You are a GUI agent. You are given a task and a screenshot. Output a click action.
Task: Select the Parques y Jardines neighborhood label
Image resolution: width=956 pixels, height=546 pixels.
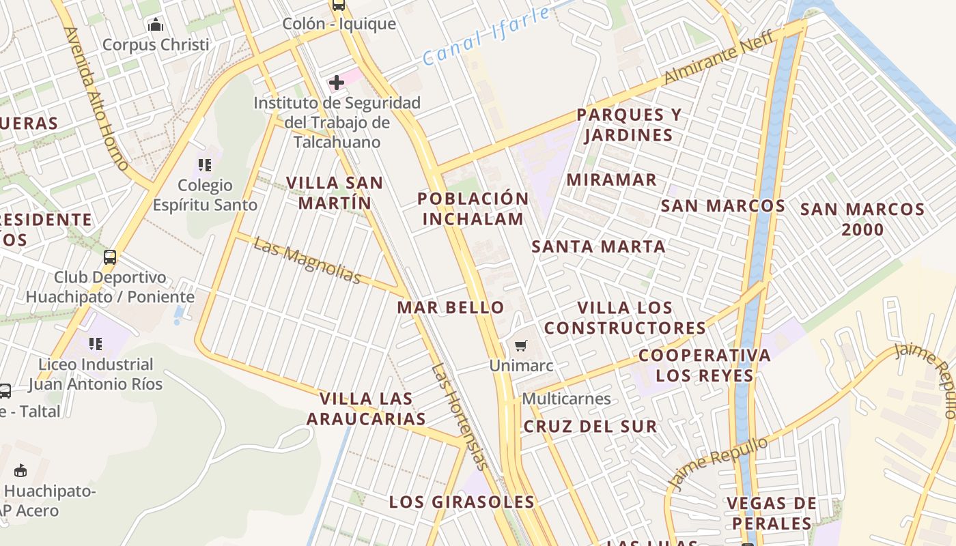(628, 125)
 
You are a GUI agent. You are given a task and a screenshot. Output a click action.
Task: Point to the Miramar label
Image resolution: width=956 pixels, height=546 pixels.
(612, 180)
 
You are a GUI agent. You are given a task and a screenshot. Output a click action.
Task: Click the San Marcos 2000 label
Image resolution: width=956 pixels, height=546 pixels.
(862, 219)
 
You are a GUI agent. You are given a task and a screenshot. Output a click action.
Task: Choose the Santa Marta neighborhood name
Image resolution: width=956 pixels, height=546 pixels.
(598, 247)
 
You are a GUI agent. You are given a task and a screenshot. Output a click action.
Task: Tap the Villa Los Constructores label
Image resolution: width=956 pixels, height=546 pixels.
(625, 318)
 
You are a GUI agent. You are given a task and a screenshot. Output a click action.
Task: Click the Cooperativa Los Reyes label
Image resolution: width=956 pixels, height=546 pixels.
(705, 365)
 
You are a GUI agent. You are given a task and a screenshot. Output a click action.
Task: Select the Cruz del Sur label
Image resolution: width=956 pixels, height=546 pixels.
(590, 427)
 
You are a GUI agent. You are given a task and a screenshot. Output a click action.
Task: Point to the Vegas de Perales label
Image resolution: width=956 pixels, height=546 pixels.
(771, 513)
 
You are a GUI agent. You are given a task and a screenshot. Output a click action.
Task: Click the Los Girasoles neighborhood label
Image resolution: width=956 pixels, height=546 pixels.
(462, 502)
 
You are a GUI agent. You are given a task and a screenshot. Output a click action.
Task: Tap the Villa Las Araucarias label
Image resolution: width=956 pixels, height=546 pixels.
(366, 408)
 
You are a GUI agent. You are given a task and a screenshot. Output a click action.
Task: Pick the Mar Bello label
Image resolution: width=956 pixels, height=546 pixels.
(451, 307)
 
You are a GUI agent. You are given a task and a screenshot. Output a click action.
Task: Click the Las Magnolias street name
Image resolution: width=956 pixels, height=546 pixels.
(307, 260)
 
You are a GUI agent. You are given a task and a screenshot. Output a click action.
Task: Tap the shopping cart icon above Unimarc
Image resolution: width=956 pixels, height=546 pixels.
(521, 346)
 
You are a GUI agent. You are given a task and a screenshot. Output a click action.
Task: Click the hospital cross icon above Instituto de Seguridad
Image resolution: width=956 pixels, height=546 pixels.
(336, 83)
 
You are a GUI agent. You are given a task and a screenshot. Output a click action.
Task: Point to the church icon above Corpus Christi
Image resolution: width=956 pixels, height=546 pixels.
(156, 26)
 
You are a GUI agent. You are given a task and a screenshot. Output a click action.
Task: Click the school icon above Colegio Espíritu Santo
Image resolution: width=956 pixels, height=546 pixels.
(204, 165)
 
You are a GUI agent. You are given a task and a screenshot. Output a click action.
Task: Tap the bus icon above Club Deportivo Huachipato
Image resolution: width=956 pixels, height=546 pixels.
(110, 257)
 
